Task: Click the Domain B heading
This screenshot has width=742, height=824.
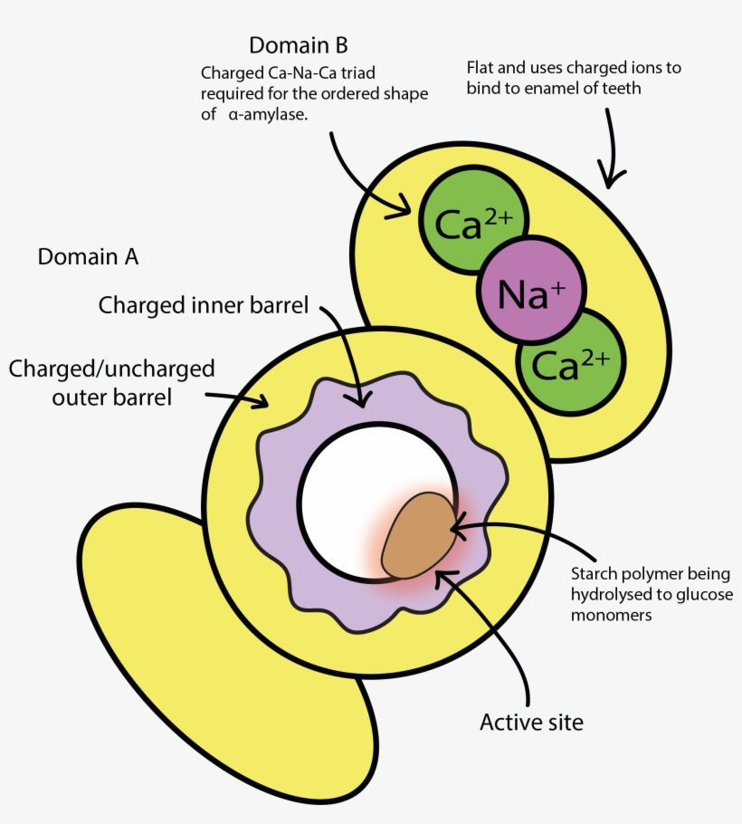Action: (x=298, y=44)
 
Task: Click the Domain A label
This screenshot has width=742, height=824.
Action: (x=88, y=257)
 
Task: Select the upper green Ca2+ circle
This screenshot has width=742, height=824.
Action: (x=471, y=223)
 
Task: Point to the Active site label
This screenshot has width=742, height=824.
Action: (x=531, y=722)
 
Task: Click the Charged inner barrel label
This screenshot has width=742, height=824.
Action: (x=204, y=305)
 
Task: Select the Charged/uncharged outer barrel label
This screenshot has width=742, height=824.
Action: (x=111, y=383)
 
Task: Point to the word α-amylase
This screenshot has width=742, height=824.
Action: (x=268, y=114)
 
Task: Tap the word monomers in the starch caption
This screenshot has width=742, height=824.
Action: (x=612, y=615)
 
